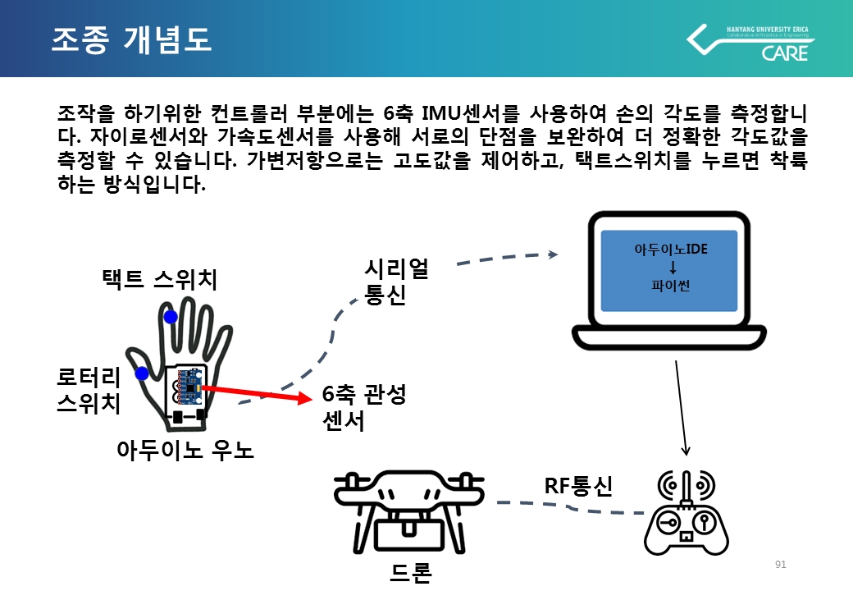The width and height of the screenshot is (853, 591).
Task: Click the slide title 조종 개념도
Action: (131, 39)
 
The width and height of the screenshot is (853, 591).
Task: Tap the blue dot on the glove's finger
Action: (171, 317)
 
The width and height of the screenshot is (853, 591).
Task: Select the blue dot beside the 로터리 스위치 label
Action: (142, 373)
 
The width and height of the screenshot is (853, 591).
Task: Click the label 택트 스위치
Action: (159, 280)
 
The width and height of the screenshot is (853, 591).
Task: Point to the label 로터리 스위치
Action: (89, 390)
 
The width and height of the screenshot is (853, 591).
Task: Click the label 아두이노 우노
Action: (185, 449)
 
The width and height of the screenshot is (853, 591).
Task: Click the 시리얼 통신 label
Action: (396, 282)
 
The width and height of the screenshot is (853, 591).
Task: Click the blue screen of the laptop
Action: (668, 271)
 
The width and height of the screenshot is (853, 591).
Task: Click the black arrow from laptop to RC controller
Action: (681, 406)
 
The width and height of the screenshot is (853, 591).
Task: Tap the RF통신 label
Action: (579, 487)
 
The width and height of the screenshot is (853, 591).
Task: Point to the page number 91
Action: (780, 565)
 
